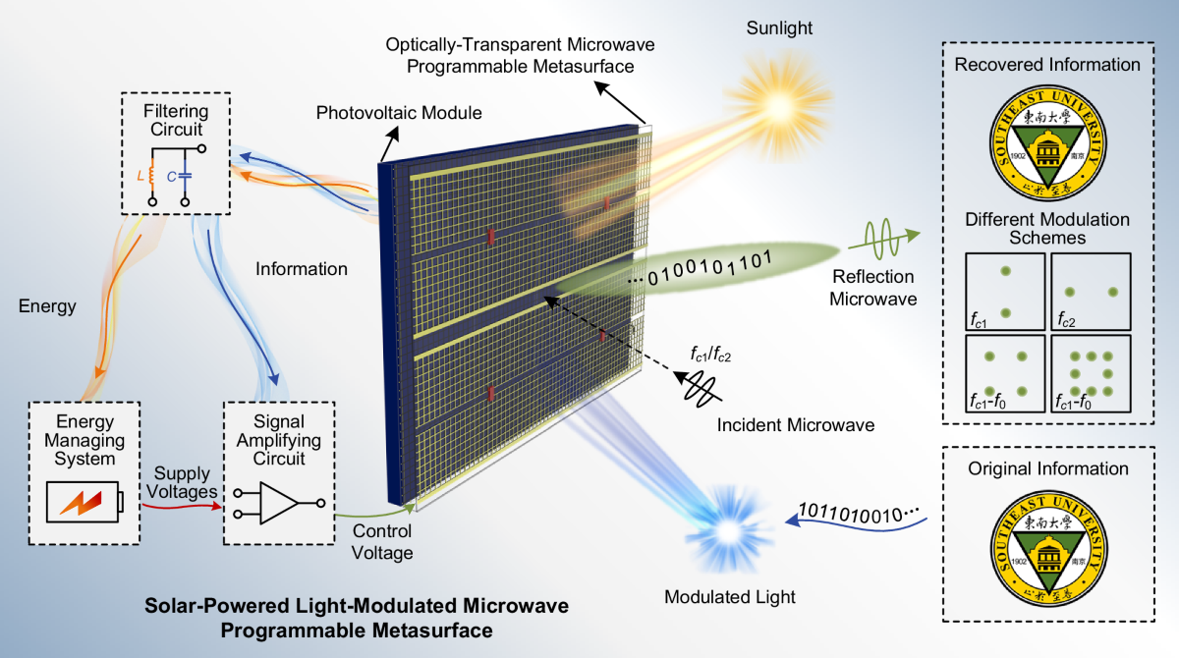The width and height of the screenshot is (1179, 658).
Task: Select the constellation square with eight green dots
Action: [x=1090, y=373]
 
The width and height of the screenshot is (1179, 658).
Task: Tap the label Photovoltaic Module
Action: [x=399, y=113]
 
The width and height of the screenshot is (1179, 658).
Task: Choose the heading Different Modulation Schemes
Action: [x=1047, y=228]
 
